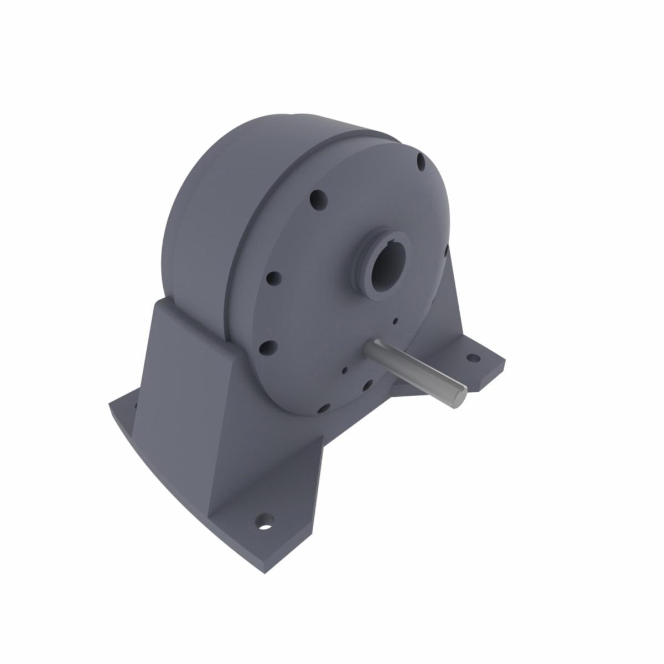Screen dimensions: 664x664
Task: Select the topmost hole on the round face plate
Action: [x=421, y=162]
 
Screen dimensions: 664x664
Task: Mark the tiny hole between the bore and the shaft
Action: [x=395, y=320]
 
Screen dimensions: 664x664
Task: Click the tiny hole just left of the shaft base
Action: [x=345, y=371]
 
